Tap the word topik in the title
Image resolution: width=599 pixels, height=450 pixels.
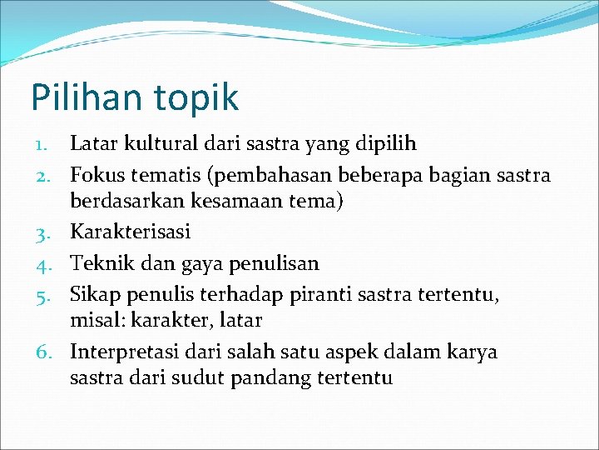(194, 98)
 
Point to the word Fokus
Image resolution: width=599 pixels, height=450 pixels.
(96, 174)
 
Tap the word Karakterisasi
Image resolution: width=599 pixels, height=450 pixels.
(130, 231)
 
